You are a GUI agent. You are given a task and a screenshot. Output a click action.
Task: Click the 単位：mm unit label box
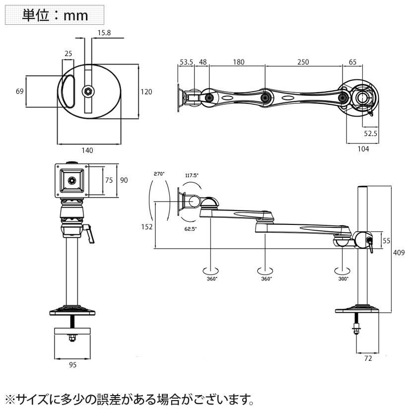click(55, 15)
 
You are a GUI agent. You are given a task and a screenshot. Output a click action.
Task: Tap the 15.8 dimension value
click(104, 33)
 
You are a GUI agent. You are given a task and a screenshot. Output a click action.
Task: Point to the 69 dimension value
click(20, 91)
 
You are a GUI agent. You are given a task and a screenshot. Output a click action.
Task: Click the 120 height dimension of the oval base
click(146, 91)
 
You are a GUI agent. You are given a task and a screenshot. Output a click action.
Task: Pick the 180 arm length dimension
click(239, 62)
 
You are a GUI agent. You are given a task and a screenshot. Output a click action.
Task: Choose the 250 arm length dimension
click(303, 62)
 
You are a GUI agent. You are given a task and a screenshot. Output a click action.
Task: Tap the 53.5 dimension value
click(186, 62)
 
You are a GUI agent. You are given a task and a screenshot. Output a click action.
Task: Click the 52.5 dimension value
click(371, 133)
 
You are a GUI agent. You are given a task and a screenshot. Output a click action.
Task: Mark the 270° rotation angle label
click(159, 174)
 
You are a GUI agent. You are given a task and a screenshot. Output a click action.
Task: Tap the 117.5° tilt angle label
click(192, 175)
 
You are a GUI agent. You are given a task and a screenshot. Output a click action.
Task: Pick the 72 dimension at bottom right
click(368, 357)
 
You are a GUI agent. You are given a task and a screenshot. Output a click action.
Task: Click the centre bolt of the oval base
click(88, 91)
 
